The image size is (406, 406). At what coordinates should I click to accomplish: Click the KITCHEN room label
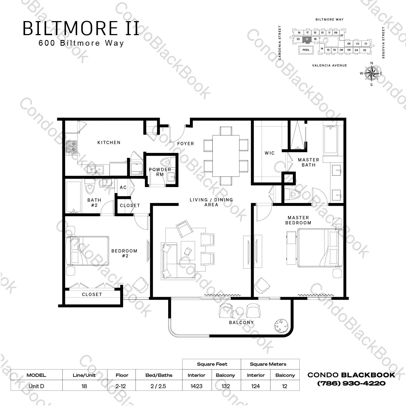click(109, 142)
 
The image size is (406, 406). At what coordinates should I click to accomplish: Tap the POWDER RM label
click(160, 172)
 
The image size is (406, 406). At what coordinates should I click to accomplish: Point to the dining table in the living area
click(226, 156)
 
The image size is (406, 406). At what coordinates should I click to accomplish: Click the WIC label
click(269, 153)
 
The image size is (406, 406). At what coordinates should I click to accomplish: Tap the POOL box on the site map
click(306, 50)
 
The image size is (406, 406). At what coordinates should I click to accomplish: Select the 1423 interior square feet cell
click(197, 386)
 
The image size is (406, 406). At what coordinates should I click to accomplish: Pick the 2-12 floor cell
click(121, 386)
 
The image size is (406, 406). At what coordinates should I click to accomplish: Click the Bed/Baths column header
click(159, 375)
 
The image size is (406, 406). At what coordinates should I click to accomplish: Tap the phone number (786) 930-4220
click(351, 383)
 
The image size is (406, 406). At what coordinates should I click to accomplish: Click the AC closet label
click(123, 187)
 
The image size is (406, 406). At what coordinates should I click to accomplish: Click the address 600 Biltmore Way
click(81, 43)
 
